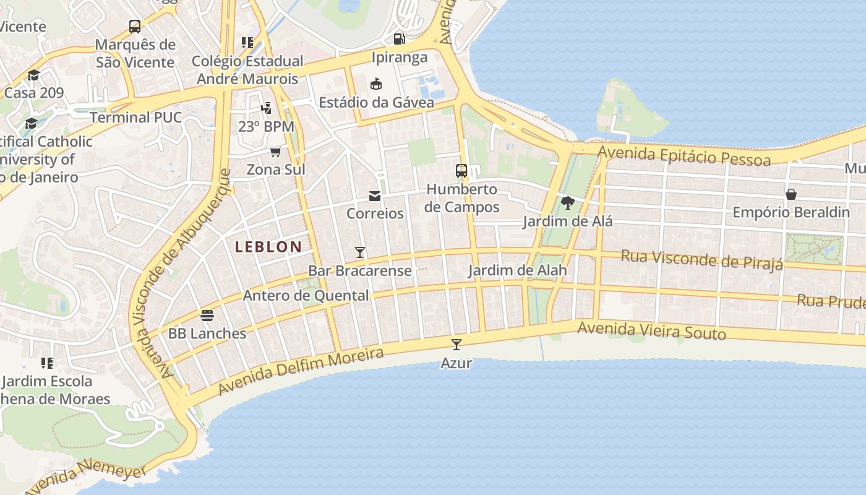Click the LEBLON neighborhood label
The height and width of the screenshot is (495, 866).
point(268,247)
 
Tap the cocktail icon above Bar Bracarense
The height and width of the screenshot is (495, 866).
point(360,252)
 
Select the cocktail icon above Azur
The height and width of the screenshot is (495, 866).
point(457,345)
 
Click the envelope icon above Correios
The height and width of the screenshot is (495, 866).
point(375,196)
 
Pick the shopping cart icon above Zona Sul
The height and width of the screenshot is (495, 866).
point(276,152)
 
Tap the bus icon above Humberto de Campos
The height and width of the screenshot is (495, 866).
point(461,171)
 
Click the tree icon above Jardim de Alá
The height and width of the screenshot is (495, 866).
point(567,202)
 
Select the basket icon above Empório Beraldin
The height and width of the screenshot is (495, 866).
point(791,194)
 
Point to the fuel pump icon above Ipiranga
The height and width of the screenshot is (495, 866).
point(400,39)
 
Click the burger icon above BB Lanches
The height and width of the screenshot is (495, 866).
point(207,316)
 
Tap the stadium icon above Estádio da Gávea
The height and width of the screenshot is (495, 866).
point(376,84)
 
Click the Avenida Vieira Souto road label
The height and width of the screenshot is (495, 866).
point(651,331)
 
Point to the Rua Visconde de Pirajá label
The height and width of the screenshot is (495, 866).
point(701,259)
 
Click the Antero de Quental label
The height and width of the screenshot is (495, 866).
point(306,296)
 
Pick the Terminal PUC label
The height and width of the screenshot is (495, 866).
point(136,118)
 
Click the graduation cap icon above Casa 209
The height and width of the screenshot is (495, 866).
point(33,75)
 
